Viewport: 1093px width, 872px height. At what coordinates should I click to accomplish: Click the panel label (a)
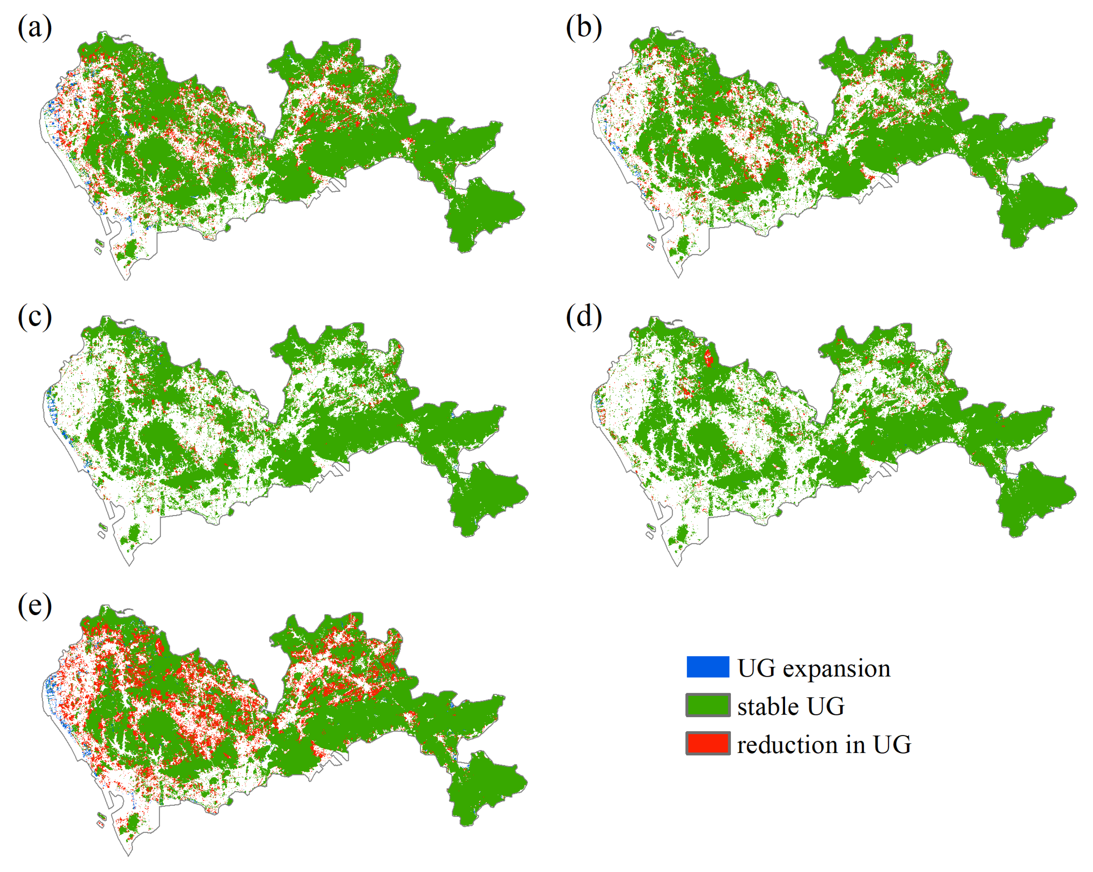[x=35, y=28]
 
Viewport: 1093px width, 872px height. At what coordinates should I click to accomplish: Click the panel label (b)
[x=583, y=28]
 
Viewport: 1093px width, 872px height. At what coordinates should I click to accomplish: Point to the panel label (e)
[x=35, y=606]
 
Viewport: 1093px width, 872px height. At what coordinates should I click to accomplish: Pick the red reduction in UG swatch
[x=708, y=743]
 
